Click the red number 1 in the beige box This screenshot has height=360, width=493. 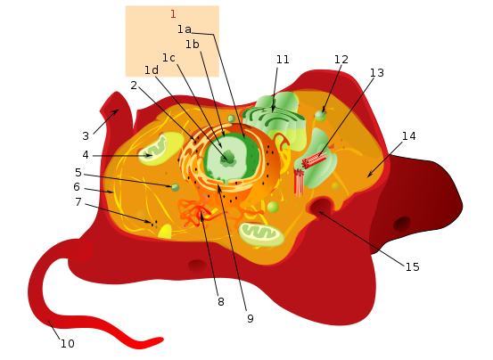[x=173, y=14]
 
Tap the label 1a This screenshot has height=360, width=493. [x=185, y=29]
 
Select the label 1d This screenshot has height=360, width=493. [x=152, y=70]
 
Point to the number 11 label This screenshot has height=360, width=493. [x=283, y=60]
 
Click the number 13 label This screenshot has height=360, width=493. [x=377, y=73]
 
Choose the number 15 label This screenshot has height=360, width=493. [x=412, y=267]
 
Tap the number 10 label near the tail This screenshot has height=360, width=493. [x=68, y=344]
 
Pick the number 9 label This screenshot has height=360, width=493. [x=251, y=319]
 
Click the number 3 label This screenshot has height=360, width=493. [x=86, y=136]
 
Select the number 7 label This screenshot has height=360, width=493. [x=78, y=202]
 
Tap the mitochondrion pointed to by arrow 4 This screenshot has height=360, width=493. [x=160, y=148]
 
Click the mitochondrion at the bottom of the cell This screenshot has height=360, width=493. [x=261, y=234]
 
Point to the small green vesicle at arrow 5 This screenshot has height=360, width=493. [x=175, y=187]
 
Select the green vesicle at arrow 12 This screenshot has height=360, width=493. [x=320, y=116]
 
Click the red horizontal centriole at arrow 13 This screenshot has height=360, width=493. [x=314, y=160]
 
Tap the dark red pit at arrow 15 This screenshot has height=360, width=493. [x=321, y=207]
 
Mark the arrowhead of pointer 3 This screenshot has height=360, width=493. [x=116, y=111]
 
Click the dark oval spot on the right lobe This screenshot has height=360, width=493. [x=402, y=224]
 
